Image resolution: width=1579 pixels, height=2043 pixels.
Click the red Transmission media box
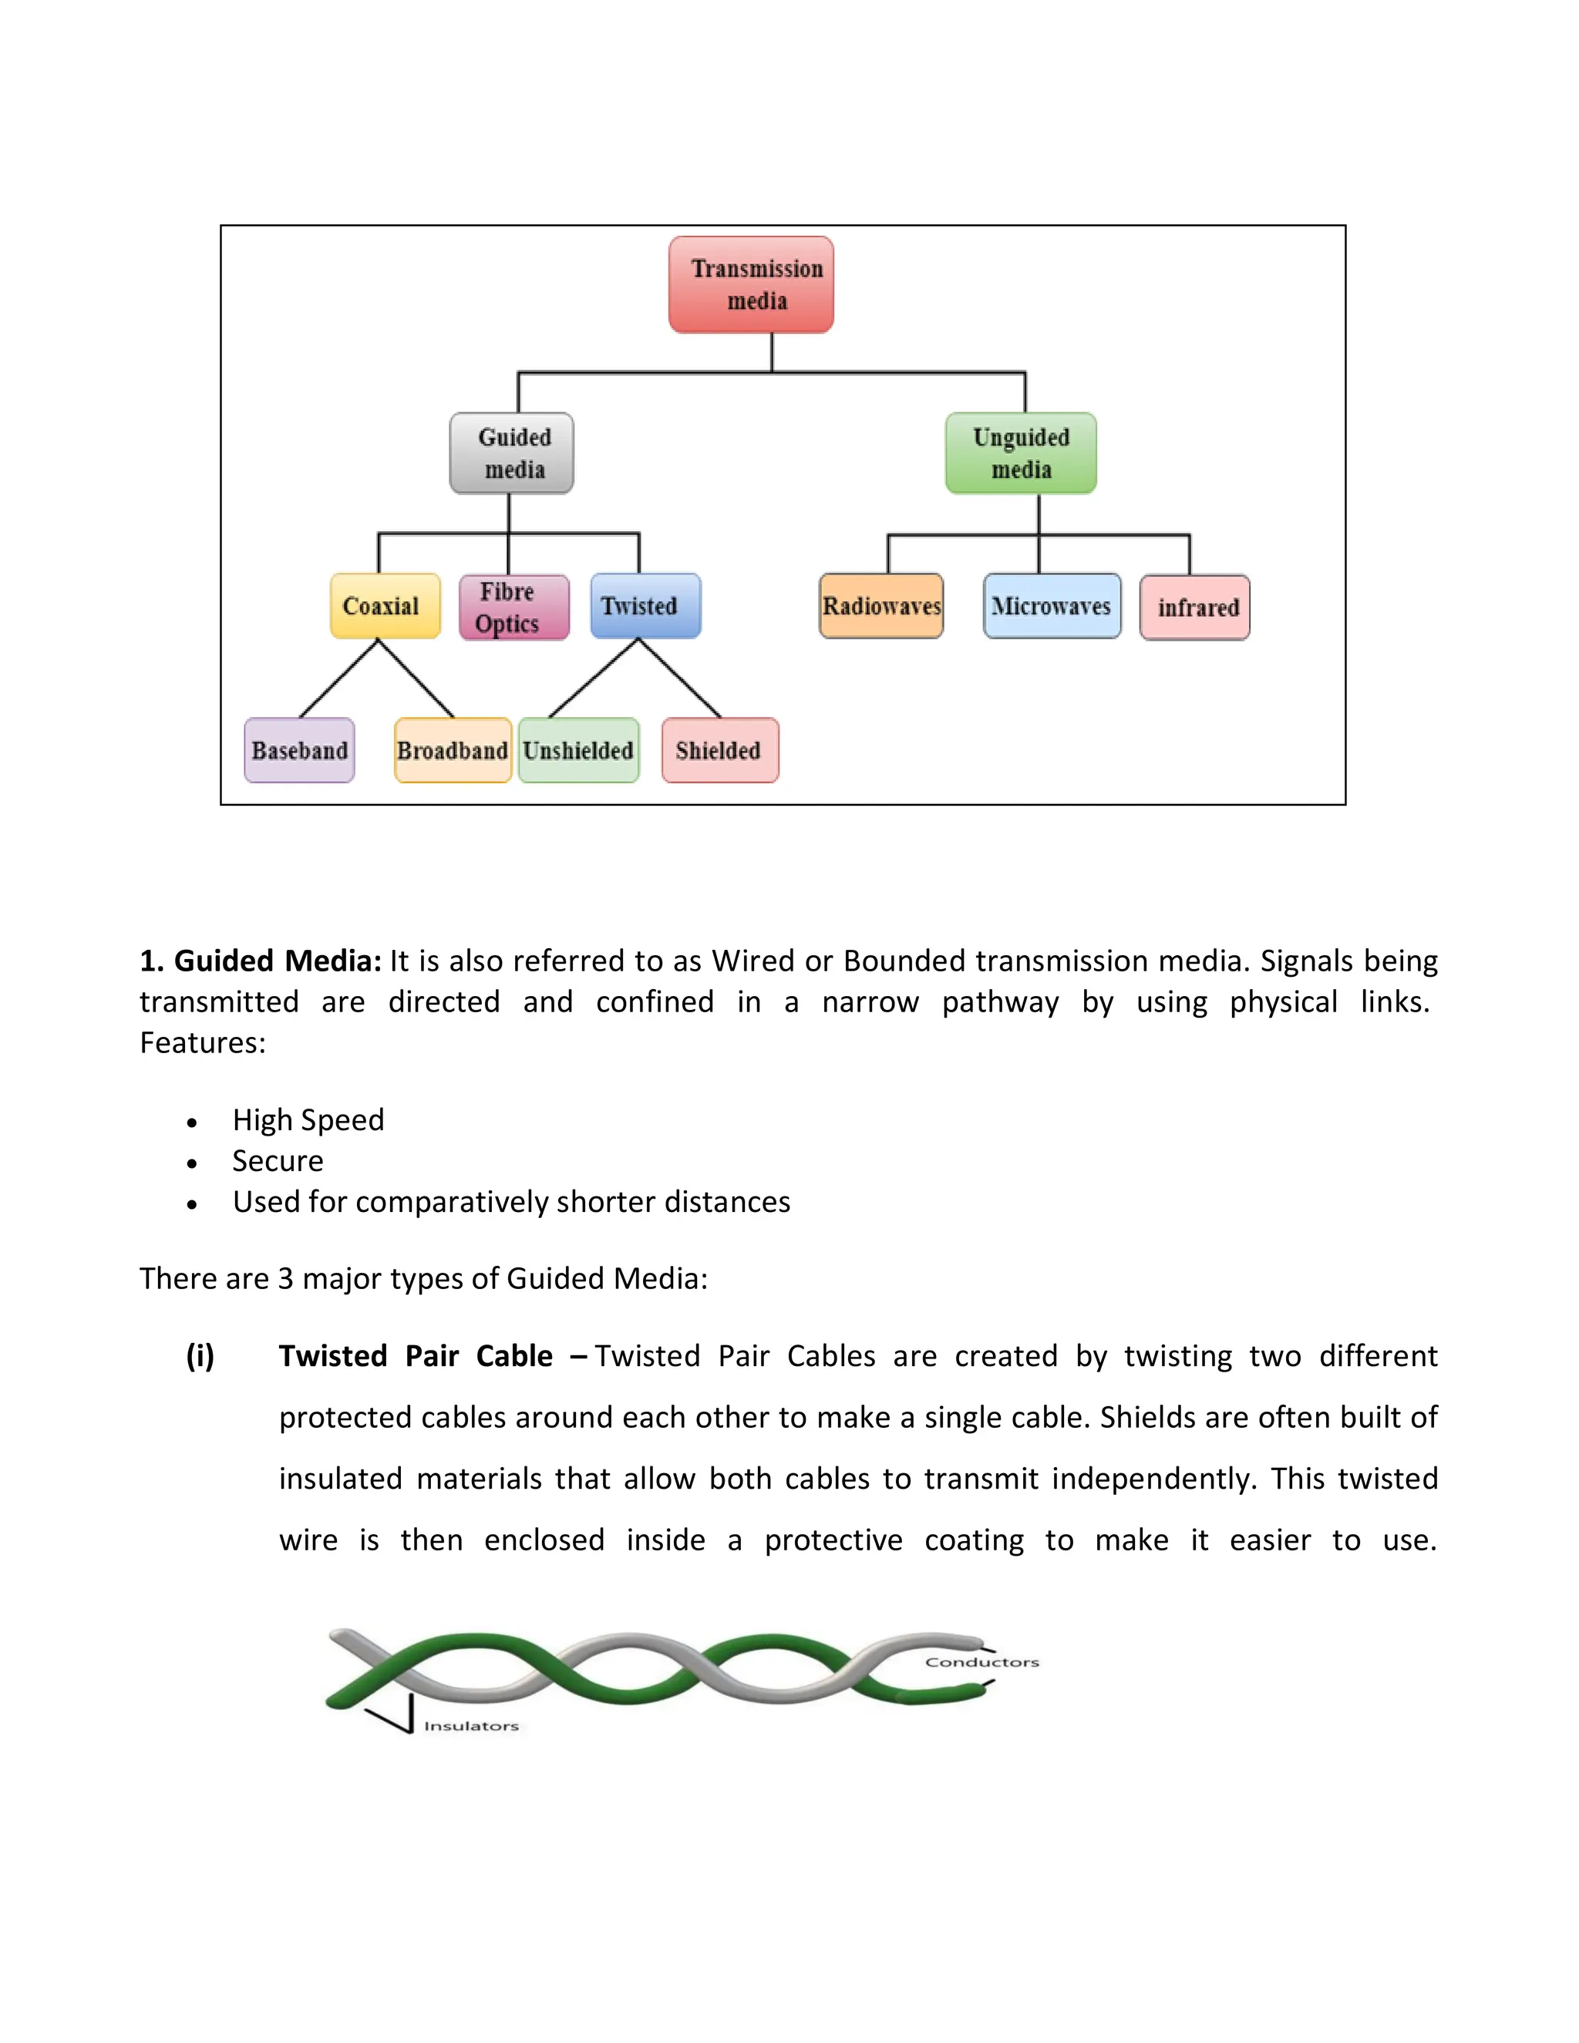(x=750, y=284)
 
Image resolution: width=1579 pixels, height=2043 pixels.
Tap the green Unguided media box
(x=1021, y=453)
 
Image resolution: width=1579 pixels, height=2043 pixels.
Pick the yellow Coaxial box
(x=385, y=606)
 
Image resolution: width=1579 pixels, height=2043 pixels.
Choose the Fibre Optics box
(x=513, y=607)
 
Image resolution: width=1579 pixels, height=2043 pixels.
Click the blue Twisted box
(x=645, y=606)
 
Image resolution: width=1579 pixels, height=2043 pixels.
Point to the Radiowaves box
(x=880, y=606)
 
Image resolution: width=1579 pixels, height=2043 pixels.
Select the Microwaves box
(x=1052, y=606)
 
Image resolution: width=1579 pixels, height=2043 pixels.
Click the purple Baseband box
(x=299, y=750)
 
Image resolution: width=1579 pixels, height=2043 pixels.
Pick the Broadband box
(x=453, y=750)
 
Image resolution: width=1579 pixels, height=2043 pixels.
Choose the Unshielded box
(x=579, y=750)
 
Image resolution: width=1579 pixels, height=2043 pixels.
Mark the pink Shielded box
(x=719, y=750)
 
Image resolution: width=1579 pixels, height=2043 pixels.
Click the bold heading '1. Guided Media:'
(x=260, y=961)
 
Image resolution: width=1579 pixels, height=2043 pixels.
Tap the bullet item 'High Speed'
(x=308, y=1119)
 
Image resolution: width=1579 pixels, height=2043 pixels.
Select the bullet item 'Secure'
(x=278, y=1161)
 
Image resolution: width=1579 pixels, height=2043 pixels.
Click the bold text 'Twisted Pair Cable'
(x=416, y=1355)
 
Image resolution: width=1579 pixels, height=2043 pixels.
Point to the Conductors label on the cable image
(x=981, y=1662)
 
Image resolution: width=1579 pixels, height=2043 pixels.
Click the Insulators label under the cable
(x=470, y=1726)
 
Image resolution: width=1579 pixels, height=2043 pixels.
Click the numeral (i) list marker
(x=200, y=1355)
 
